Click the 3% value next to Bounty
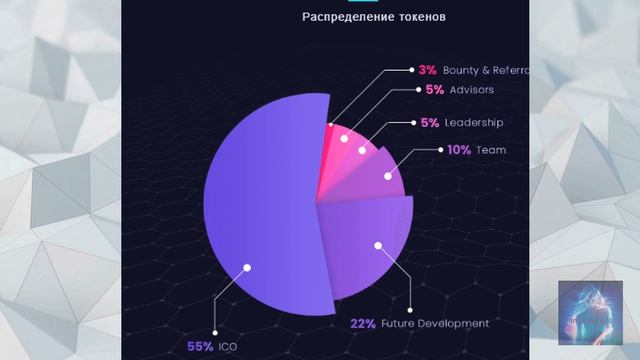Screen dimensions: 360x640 coord(427,71)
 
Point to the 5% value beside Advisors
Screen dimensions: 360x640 coord(435,89)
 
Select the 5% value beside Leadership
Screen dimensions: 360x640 coord(427,123)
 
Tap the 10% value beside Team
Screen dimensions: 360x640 coord(459,150)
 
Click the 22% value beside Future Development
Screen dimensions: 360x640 coord(363,323)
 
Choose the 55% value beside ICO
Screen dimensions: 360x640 coord(199,347)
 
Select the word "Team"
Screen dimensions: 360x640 coord(491,150)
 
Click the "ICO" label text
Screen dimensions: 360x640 coord(227,347)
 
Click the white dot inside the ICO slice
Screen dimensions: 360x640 coord(248,266)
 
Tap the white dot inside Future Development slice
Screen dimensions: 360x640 coord(378,243)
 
